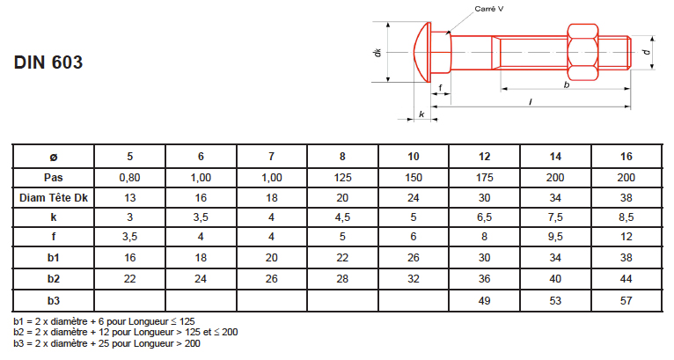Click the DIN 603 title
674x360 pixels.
pos(48,62)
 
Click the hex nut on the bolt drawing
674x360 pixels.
pos(582,52)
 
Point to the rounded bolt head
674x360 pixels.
pos(422,52)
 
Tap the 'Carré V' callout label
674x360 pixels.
pos(488,9)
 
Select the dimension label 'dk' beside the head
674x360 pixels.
pos(377,53)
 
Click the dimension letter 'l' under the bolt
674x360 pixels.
pos(531,102)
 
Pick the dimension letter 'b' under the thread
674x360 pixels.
pos(567,84)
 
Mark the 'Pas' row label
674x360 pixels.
pos(54,178)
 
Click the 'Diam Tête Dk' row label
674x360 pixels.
pos(54,198)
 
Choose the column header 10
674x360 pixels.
pos(413,157)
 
